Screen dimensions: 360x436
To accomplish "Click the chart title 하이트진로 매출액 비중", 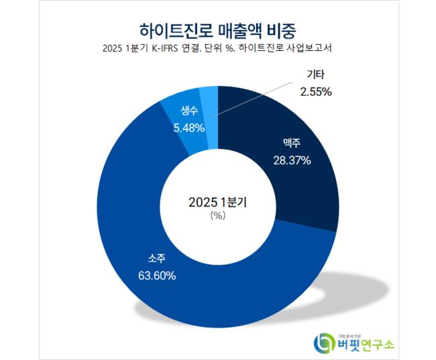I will (x=219, y=29).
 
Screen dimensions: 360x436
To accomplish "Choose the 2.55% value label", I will (x=315, y=92).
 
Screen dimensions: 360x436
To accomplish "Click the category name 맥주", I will (x=292, y=143).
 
